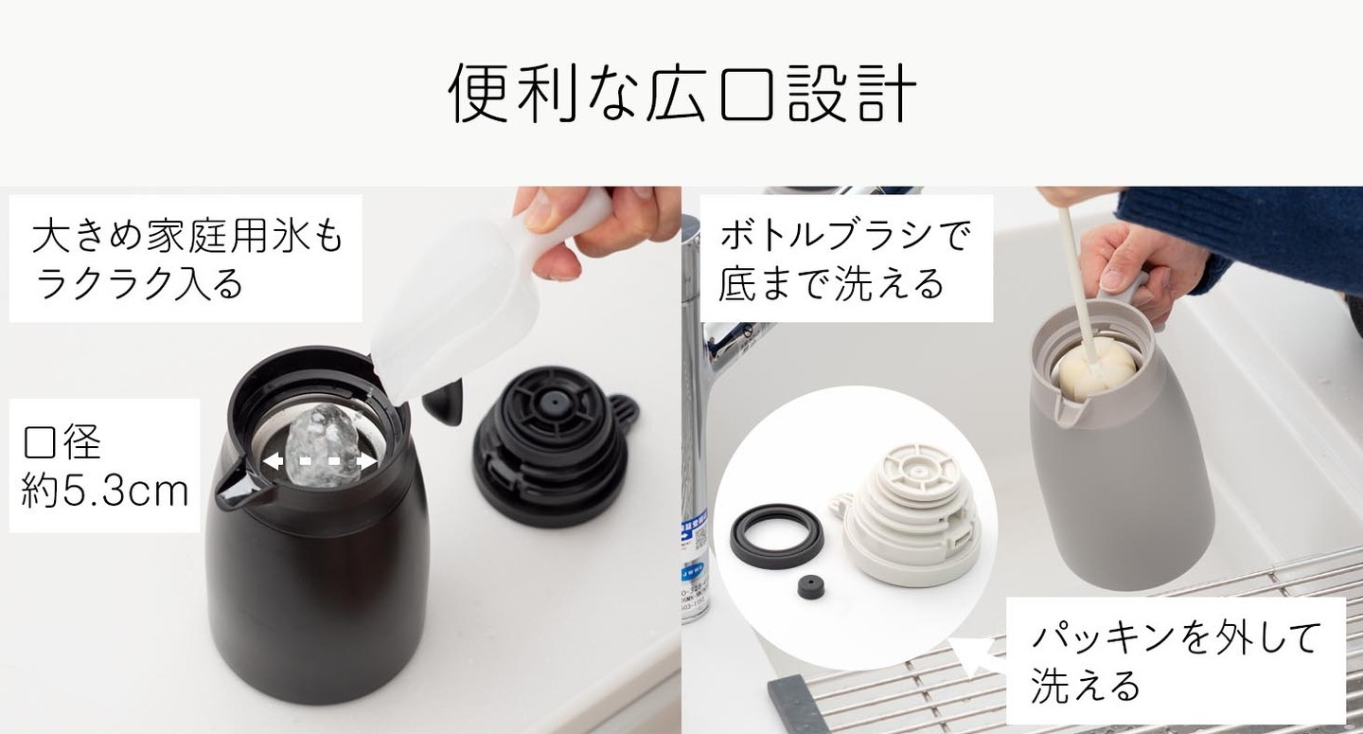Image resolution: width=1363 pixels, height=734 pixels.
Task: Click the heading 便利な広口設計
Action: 681,94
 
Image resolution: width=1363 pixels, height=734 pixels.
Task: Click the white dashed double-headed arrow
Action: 320,461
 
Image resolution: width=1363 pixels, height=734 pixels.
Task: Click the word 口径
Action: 62,442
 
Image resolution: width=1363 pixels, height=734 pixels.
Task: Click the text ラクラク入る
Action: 139,282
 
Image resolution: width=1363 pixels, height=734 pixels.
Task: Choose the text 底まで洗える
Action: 831,282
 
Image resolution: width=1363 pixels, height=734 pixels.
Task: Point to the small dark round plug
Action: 811,588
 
